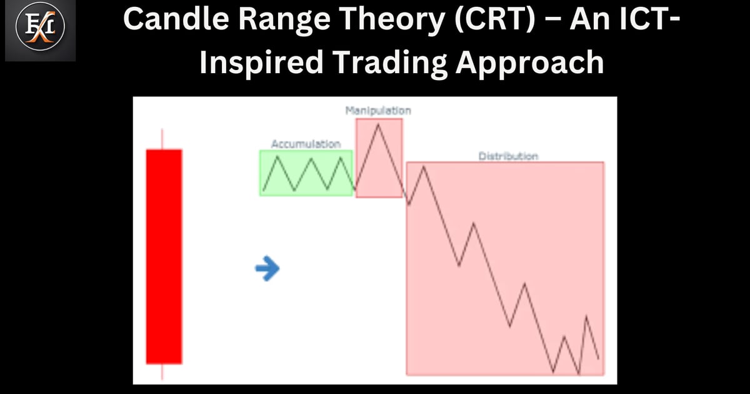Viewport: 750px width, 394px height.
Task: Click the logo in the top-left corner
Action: (40, 31)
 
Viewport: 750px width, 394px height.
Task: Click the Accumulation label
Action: (306, 144)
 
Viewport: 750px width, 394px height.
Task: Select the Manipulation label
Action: (378, 111)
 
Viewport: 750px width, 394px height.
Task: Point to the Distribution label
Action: (508, 156)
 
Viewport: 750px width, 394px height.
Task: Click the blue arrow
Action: (267, 269)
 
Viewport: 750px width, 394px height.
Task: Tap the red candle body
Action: (164, 256)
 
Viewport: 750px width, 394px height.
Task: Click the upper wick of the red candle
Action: (163, 139)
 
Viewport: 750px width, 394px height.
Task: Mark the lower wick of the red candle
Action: (163, 371)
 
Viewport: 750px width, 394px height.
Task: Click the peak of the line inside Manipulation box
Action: (377, 124)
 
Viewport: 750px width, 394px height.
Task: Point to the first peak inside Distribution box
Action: (424, 166)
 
